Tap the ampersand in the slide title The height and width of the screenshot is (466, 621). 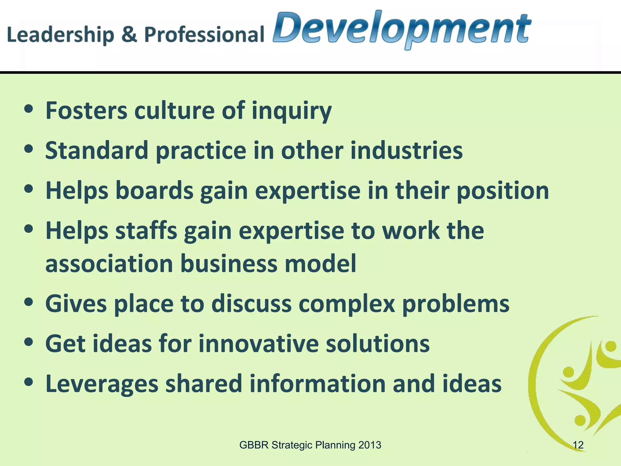(x=129, y=34)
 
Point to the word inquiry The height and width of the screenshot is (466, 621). (x=292, y=111)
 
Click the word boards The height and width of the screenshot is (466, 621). (x=154, y=191)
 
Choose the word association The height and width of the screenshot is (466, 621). (x=109, y=263)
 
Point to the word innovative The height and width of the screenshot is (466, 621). (x=259, y=344)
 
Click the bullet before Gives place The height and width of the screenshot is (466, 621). (x=29, y=302)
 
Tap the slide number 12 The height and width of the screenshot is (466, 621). (x=578, y=445)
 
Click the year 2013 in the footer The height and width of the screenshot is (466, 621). (x=370, y=445)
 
